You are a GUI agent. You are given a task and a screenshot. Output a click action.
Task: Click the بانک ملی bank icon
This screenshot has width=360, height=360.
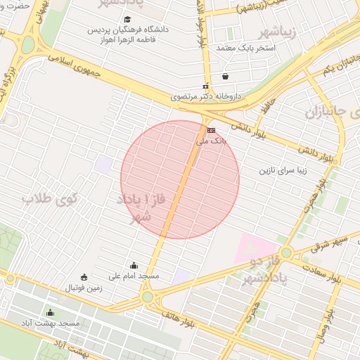211,130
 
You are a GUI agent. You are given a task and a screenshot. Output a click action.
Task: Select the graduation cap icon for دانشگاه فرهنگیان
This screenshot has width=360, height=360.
127,20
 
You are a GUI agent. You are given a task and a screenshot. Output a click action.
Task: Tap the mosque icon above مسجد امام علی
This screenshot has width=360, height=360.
134,265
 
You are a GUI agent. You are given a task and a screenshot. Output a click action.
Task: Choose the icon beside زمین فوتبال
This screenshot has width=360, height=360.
84,276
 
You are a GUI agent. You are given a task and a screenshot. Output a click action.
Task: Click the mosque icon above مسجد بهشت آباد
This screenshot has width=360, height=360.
49,313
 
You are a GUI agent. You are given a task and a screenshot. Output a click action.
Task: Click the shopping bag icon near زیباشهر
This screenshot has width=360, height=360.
225,76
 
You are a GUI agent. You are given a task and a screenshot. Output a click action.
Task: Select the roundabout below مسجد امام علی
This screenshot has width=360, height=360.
147,297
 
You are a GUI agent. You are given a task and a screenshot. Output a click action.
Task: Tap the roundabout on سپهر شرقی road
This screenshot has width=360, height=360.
285,252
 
